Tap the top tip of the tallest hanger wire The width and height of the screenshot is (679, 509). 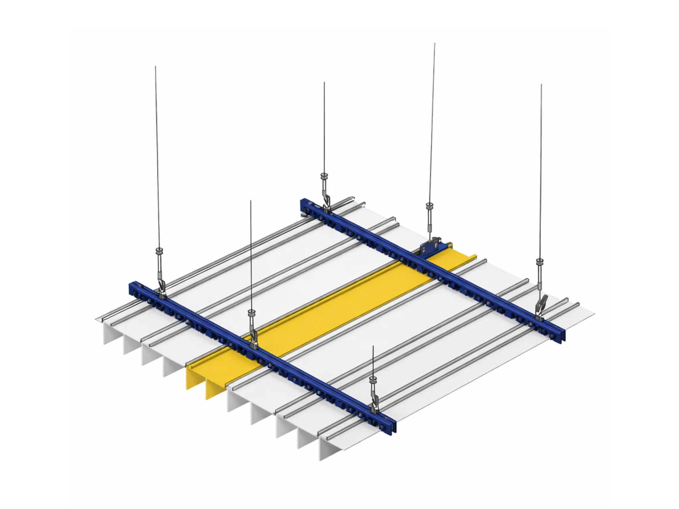coord(434,44)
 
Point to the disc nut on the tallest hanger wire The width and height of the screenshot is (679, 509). coord(429,205)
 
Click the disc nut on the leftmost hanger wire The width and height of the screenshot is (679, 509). coord(159,250)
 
